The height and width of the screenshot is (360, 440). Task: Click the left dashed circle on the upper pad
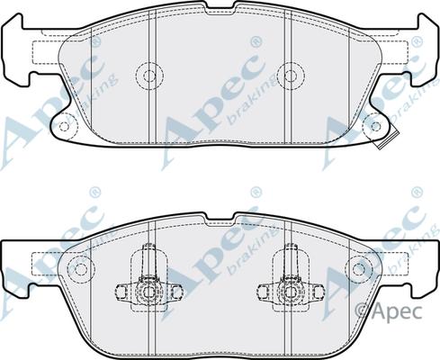[x=147, y=73]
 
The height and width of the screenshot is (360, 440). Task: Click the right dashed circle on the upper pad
[x=289, y=73]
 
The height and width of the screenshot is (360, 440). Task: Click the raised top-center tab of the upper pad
[x=219, y=11]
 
